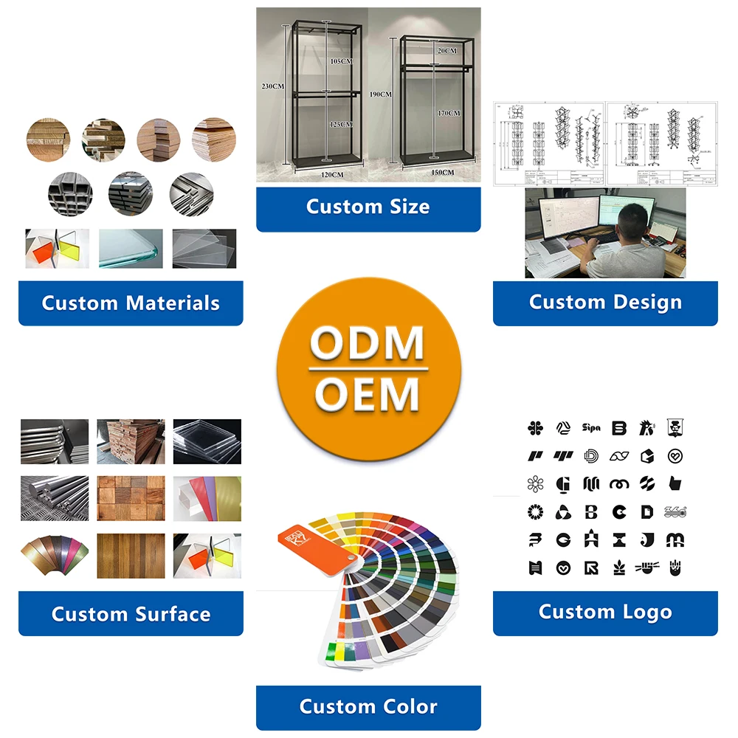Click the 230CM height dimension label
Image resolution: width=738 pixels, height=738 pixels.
(272, 86)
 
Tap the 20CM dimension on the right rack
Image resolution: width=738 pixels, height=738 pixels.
(446, 51)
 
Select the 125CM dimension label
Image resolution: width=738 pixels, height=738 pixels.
(341, 124)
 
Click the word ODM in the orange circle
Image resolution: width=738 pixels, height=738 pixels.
(368, 344)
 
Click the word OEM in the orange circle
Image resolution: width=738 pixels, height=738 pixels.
(368, 394)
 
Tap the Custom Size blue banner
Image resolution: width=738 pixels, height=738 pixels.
(368, 207)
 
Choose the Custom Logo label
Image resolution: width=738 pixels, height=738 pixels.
(605, 612)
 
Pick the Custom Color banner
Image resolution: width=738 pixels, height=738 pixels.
(368, 706)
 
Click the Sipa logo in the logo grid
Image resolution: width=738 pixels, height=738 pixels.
(591, 427)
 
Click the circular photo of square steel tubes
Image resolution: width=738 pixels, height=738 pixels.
(69, 194)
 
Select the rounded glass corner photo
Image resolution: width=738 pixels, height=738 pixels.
(131, 248)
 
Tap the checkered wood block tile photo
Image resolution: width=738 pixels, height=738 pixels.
(131, 497)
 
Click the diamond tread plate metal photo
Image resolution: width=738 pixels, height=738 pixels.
(55, 497)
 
